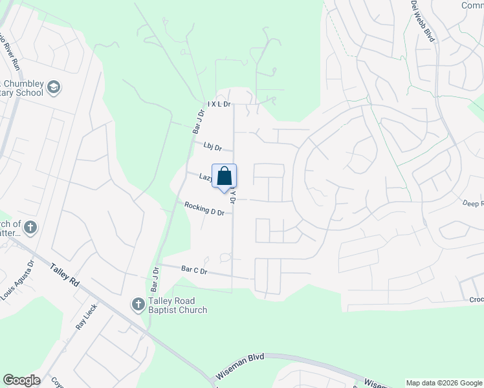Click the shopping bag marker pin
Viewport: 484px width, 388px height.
coord(224,177)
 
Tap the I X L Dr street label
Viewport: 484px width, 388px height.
coord(219,104)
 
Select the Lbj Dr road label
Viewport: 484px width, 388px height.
coord(212,147)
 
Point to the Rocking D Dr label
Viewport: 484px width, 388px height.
coord(204,208)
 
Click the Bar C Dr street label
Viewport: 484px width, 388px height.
coord(193,270)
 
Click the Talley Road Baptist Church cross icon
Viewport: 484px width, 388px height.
coord(137,304)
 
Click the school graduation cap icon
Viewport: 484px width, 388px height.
coord(54,87)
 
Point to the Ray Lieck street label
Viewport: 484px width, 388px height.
coord(85,317)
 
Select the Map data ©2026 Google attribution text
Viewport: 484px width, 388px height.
coord(443,383)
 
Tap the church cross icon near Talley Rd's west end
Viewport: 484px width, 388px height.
coord(30,227)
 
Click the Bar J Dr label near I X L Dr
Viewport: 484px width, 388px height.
coord(198,122)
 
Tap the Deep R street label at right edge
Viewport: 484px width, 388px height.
coord(473,204)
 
